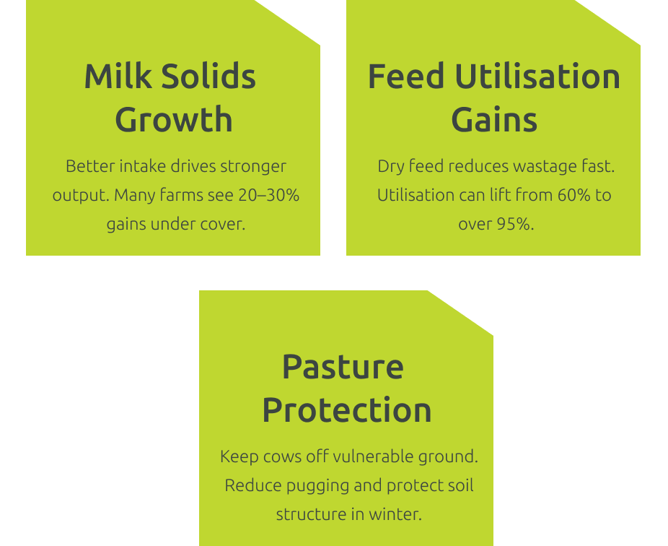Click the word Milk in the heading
[x=118, y=76]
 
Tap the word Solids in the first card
[x=208, y=76]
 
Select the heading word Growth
[x=174, y=119]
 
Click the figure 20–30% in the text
[x=269, y=195]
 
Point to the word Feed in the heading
[x=406, y=76]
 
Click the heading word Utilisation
[x=537, y=76]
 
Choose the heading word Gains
[x=494, y=119]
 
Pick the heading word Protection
[x=347, y=409]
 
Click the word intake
[x=143, y=166]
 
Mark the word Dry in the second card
[x=391, y=166]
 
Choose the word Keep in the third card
[x=239, y=457]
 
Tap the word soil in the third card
[x=460, y=485]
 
